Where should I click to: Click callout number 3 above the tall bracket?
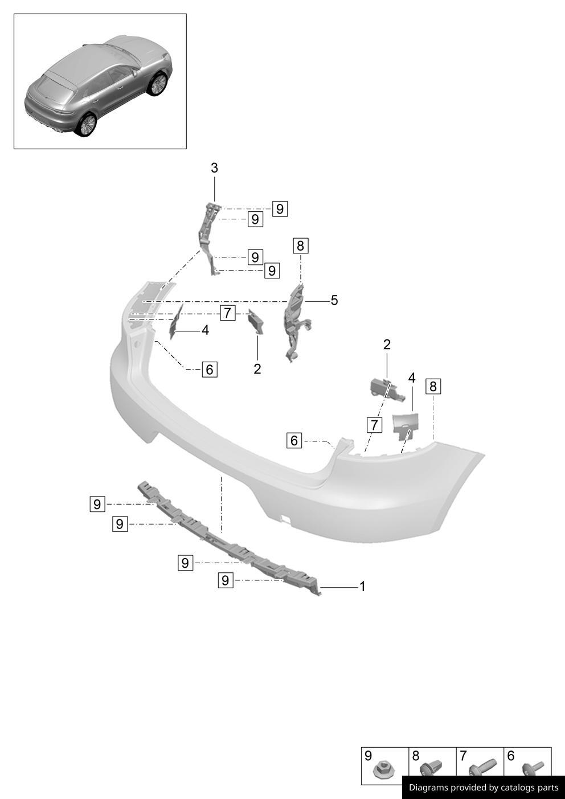click(x=214, y=168)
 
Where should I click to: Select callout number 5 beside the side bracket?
click(x=334, y=300)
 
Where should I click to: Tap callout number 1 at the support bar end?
click(x=362, y=587)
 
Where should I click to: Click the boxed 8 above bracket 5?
click(x=300, y=246)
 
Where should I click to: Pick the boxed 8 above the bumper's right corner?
click(x=433, y=387)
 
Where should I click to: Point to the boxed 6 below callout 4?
click(x=209, y=370)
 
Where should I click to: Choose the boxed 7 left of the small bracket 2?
click(x=227, y=313)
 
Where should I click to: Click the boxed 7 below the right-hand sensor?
click(x=374, y=425)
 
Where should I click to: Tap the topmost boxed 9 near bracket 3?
click(x=279, y=209)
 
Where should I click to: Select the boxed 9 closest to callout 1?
click(x=226, y=580)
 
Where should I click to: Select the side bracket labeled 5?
click(x=295, y=322)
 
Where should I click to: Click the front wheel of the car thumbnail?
click(x=157, y=84)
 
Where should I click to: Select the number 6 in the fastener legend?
click(x=511, y=756)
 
